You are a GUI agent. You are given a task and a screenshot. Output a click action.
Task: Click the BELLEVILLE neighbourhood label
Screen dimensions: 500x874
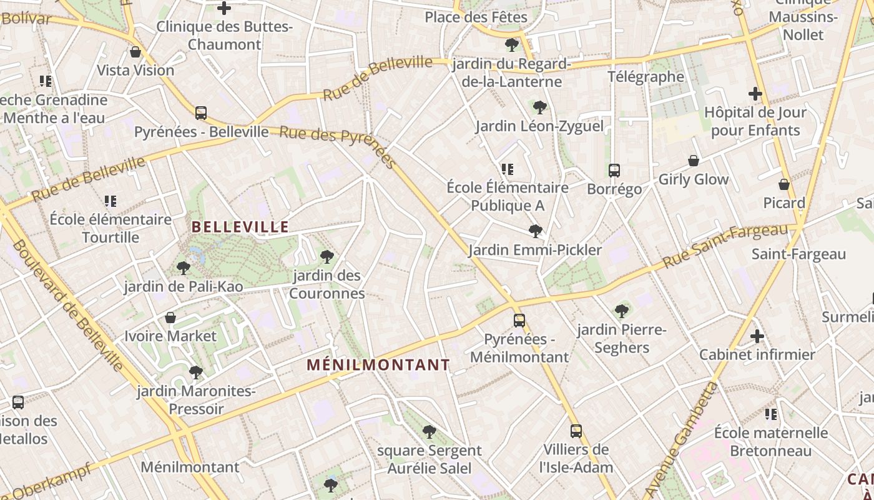240,227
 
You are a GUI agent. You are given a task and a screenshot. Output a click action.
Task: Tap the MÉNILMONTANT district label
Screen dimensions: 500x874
378,365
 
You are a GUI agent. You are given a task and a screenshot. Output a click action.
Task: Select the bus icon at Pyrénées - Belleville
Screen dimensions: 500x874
201,113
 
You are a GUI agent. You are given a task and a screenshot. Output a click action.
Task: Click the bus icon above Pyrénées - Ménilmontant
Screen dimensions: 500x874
519,321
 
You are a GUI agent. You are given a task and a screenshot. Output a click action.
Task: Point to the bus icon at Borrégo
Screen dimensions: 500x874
614,170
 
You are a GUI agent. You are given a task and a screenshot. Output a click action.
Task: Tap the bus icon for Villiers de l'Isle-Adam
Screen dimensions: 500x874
576,431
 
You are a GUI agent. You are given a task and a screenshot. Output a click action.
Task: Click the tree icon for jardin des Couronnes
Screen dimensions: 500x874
327,256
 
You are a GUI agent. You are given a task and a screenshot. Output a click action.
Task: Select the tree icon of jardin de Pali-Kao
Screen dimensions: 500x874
183,268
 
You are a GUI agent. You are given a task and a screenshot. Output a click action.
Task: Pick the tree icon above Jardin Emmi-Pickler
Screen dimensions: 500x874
535,231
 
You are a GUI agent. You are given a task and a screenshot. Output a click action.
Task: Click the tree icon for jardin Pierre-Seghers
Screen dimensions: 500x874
621,311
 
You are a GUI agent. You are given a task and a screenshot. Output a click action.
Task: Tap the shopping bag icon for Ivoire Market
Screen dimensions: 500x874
170,317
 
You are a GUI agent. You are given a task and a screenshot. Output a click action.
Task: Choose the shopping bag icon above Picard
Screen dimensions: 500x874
784,184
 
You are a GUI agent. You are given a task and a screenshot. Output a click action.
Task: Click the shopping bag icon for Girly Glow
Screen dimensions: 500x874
693,161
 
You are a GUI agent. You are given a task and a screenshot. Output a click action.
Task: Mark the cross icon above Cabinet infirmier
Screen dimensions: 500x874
757,336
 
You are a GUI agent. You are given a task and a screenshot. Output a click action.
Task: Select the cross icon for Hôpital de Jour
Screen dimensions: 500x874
755,94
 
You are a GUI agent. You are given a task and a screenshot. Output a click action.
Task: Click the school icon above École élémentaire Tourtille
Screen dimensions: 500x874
110,201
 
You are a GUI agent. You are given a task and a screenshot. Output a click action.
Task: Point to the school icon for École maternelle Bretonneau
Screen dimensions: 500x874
771,414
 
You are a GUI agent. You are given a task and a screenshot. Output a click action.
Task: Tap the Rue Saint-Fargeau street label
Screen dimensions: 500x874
725,246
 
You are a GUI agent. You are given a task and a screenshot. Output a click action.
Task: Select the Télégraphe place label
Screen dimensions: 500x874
646,77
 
